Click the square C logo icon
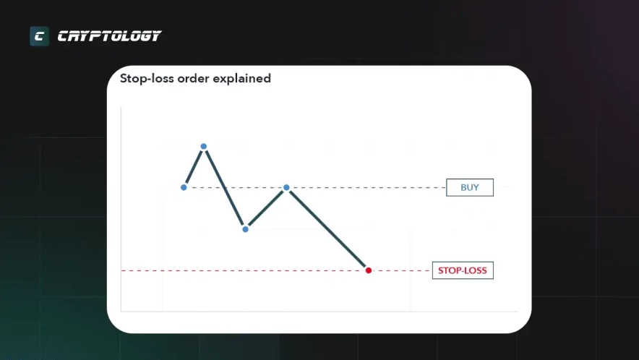pos(40,36)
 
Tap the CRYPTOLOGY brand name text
pos(109,36)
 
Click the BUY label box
pos(470,187)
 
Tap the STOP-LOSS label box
pos(463,270)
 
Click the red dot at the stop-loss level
pos(369,270)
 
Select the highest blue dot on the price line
pos(204,146)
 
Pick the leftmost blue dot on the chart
pos(184,187)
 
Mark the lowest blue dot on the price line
pos(245,230)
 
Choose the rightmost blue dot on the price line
pos(286,187)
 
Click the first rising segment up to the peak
pos(194,167)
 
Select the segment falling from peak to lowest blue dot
pos(225,188)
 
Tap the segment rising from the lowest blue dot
pos(266,209)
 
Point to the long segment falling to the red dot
pos(327,229)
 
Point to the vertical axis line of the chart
pos(121,209)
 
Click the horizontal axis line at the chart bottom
pos(319,312)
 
